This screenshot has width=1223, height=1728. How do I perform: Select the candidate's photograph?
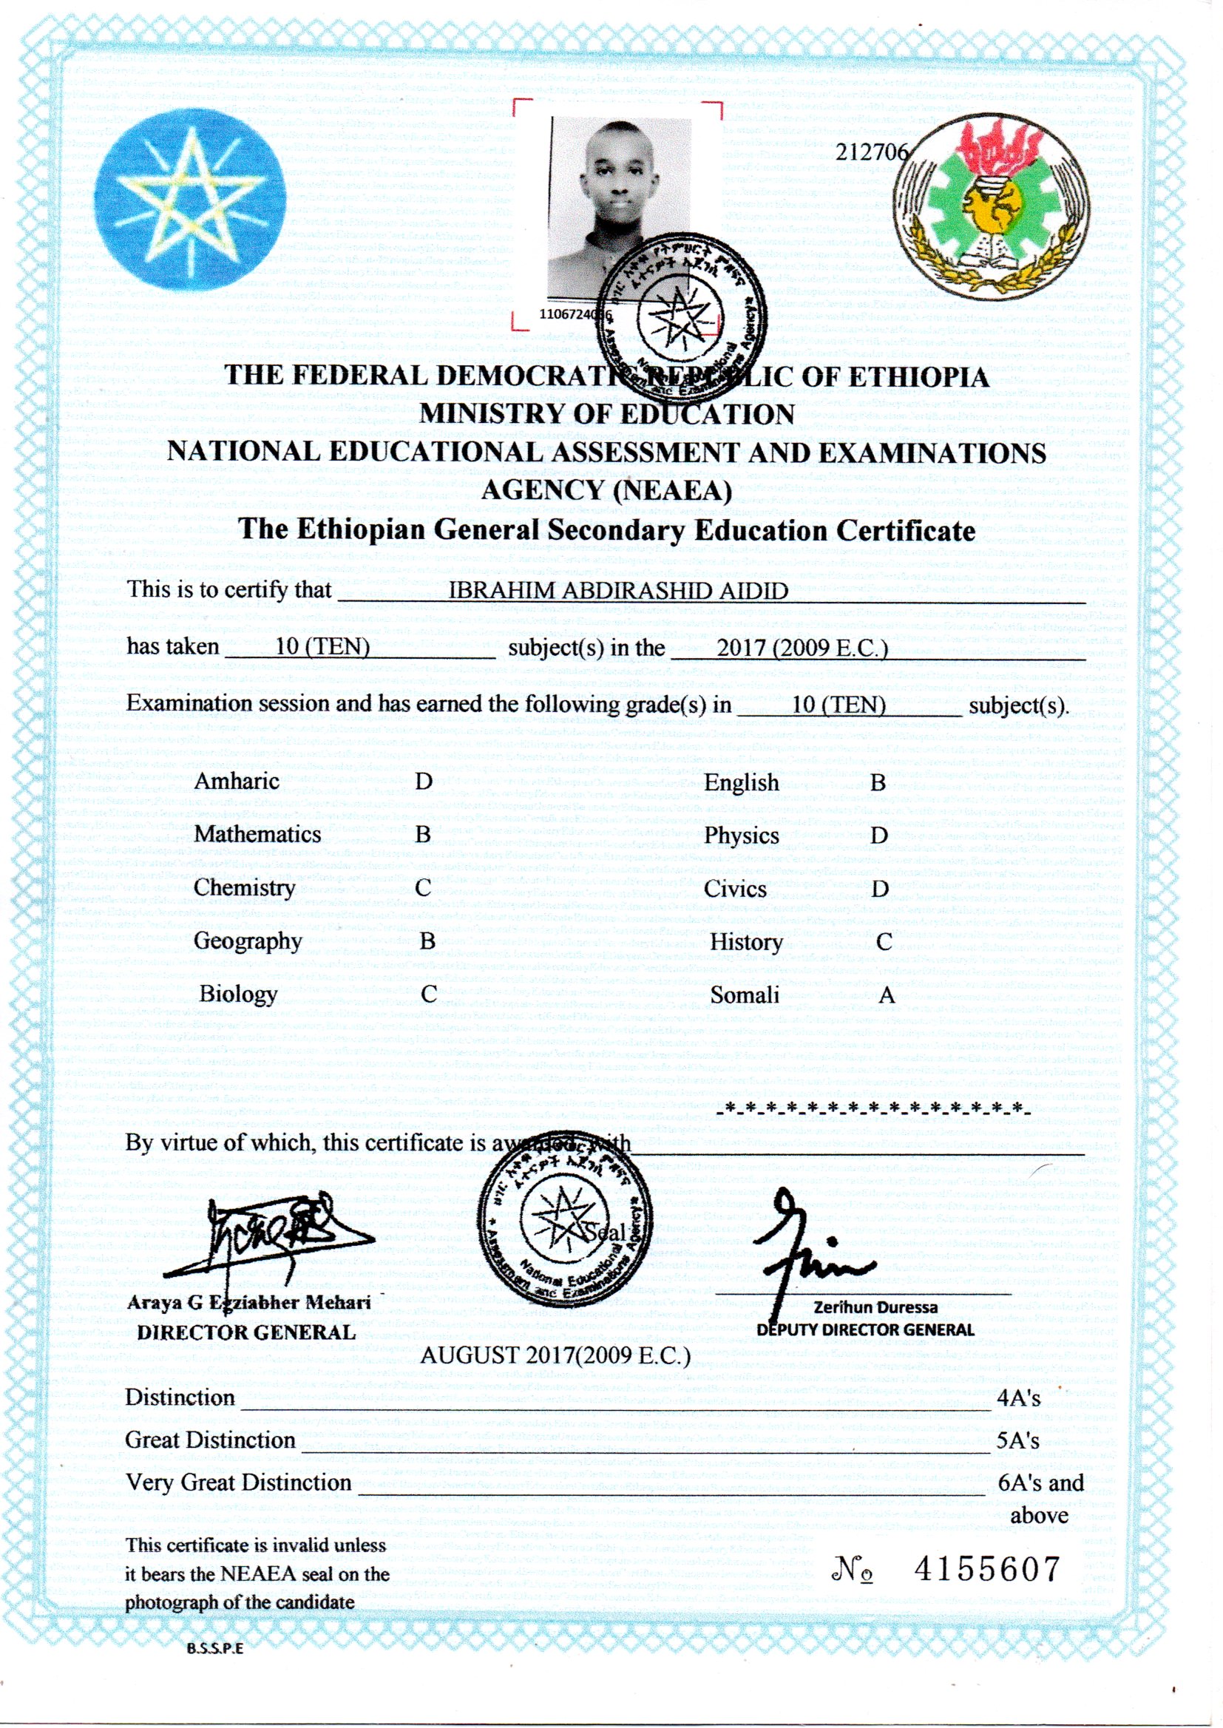click(620, 207)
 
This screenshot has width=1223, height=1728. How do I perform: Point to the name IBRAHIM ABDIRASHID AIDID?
click(617, 590)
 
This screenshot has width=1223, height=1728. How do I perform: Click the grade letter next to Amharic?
click(424, 781)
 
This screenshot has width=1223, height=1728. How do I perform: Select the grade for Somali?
click(887, 995)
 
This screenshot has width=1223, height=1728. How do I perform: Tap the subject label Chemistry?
click(244, 888)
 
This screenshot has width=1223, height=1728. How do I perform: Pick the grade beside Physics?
click(879, 836)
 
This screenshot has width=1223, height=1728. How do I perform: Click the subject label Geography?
click(247, 941)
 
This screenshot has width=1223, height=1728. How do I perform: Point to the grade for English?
click(878, 782)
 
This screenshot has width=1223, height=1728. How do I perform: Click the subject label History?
click(746, 942)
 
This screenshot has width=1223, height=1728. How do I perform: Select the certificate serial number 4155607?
click(986, 1568)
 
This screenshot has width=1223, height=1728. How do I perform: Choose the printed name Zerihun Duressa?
click(875, 1307)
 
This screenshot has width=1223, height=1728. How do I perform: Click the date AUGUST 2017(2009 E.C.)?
click(555, 1355)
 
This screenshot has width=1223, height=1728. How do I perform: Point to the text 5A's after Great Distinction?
click(1017, 1440)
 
